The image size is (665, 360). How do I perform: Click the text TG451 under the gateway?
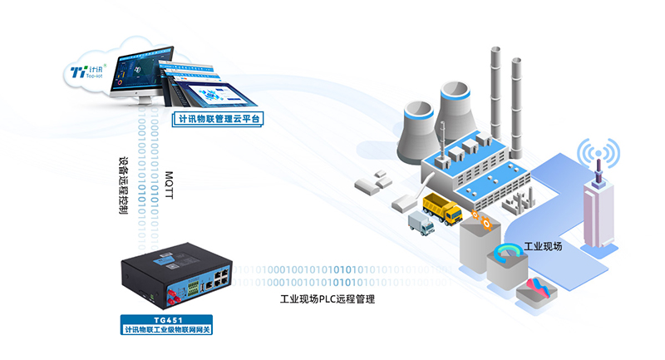(x=166, y=320)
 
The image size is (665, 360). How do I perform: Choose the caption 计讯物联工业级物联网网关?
(x=166, y=331)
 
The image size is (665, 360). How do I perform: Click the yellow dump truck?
(x=441, y=207)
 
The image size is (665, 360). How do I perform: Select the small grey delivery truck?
(x=421, y=223)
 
